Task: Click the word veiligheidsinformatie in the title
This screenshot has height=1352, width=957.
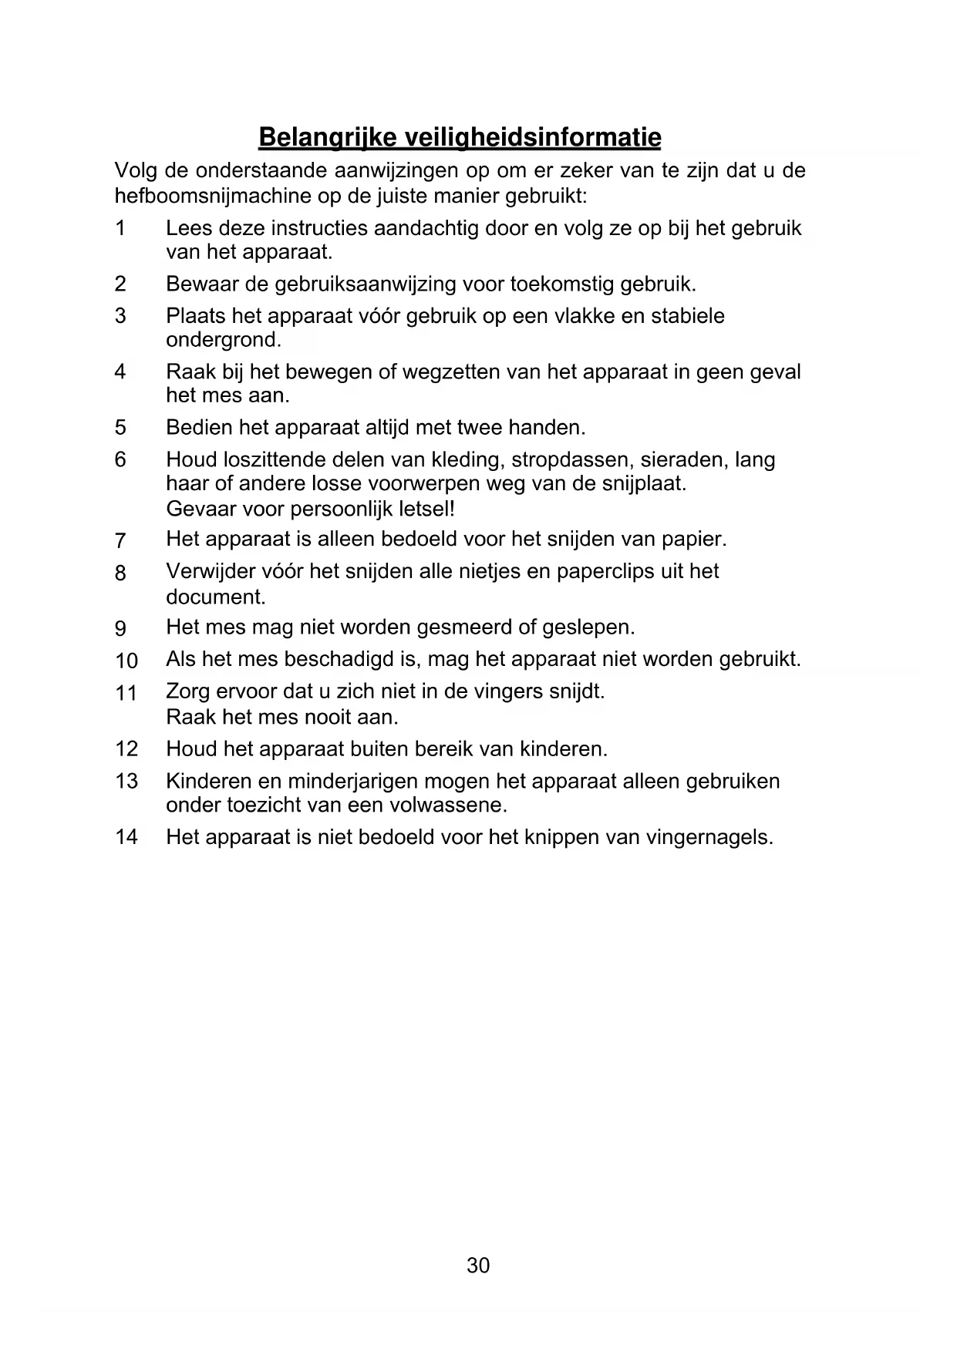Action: tap(533, 138)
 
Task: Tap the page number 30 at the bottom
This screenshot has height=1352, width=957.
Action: tap(478, 1266)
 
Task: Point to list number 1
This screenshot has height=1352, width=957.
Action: tap(120, 228)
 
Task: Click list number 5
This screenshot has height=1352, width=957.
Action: tap(120, 427)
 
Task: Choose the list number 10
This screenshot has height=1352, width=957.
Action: tap(126, 661)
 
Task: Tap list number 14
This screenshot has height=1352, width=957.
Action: tap(126, 836)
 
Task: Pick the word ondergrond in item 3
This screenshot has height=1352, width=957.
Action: tap(223, 340)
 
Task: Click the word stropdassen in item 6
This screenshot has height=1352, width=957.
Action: tap(565, 460)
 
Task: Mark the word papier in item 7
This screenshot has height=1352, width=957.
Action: tap(698, 539)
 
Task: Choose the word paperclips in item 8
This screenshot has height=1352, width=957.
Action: tap(605, 571)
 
